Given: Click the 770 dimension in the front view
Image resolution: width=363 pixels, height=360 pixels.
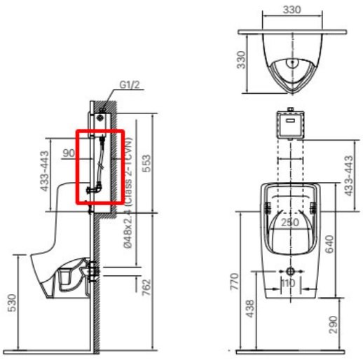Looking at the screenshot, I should coord(235,281).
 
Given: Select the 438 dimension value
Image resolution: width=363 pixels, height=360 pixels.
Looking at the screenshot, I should coord(251,310).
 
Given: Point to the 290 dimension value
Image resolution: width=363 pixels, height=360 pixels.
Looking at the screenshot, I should coord(352,324).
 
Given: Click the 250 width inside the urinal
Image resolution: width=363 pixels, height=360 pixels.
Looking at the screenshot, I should coord(289,222).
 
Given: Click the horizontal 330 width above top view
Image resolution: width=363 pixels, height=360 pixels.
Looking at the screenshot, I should coord(293,11).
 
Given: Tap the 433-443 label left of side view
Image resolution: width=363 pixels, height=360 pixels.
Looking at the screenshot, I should coord(45,170).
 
